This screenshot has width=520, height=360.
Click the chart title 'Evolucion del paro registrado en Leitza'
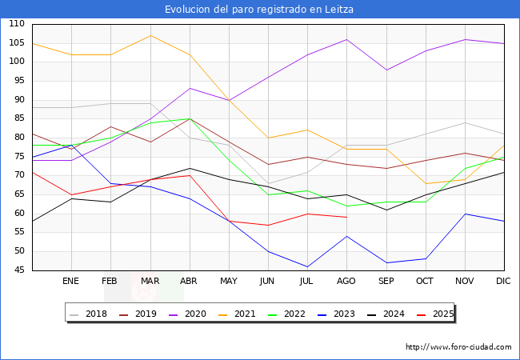(259, 10)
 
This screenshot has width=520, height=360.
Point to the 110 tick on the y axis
(17, 24)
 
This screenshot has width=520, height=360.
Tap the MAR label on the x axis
(150, 282)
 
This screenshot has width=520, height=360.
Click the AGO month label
(346, 282)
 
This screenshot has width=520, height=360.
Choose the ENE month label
(71, 282)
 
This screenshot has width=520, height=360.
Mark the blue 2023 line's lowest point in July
(307, 266)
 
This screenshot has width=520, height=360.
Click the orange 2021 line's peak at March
(150, 35)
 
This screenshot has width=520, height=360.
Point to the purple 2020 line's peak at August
(346, 39)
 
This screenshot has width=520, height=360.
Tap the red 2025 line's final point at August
(346, 217)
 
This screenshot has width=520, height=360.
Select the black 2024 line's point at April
(189, 168)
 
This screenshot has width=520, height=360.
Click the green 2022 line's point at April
(189, 118)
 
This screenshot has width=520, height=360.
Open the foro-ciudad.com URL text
(458, 347)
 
